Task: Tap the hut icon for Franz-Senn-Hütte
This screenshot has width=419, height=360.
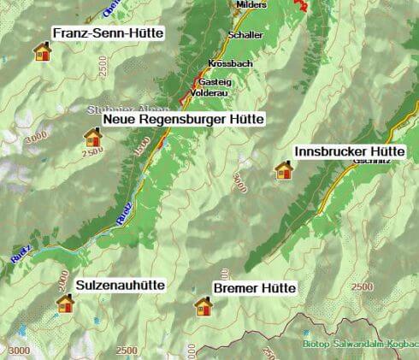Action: (x=42, y=52)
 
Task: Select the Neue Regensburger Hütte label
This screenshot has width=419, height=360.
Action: (x=183, y=120)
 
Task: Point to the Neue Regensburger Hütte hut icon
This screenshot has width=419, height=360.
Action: (x=92, y=137)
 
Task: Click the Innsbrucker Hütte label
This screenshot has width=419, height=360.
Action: (x=355, y=150)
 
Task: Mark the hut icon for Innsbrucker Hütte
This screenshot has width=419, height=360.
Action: (x=283, y=170)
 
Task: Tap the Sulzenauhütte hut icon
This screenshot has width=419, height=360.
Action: (x=65, y=302)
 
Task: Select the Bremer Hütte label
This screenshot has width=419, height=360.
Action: (x=254, y=288)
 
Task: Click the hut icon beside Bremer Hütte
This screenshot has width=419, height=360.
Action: (x=204, y=306)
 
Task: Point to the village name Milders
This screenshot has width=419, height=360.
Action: (x=251, y=5)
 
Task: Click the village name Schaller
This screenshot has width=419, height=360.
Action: (x=245, y=35)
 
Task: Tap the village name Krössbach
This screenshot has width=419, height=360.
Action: (x=228, y=64)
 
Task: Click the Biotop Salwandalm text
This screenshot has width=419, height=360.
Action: (x=359, y=344)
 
